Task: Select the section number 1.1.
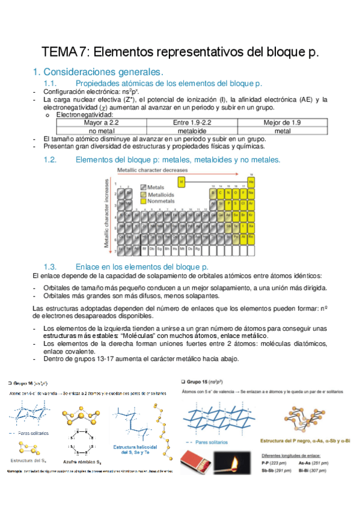tap(51, 83)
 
